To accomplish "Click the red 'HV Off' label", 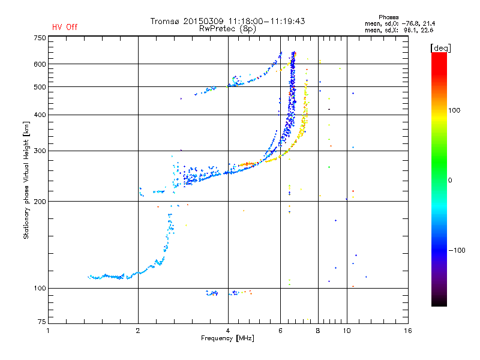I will click(64, 27).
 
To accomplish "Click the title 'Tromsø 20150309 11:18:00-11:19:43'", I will click(228, 21).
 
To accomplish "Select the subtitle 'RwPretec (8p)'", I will click(228, 28).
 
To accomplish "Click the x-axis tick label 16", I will click(407, 331).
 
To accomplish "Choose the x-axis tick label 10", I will click(346, 331).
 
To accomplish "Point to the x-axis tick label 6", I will click(280, 331).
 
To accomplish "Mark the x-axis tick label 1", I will click(49, 331).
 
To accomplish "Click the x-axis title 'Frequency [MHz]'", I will click(228, 338).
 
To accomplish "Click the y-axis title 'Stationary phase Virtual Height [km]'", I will click(26, 180).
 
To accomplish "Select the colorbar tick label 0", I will click(451, 180).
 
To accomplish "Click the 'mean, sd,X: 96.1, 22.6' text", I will click(399, 30).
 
